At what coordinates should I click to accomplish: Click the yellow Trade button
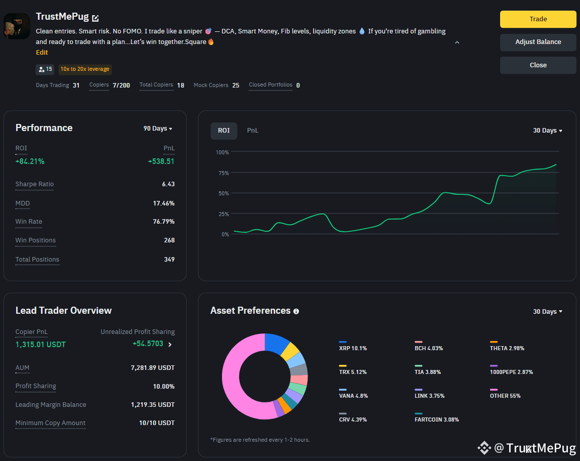coord(538,19)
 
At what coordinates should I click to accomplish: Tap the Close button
coord(538,65)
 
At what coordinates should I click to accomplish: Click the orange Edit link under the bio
coord(42,53)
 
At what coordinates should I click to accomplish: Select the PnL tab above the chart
coord(253,131)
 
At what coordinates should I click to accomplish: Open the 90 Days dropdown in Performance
coord(158,129)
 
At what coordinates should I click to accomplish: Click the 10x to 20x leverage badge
coord(85,69)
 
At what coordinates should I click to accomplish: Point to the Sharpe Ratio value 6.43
coord(168,184)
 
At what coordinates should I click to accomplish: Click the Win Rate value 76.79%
coord(164,222)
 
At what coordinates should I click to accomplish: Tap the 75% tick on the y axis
coord(224,173)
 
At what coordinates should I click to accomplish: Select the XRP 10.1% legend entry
coord(353,346)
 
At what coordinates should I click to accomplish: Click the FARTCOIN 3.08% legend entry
coord(437,417)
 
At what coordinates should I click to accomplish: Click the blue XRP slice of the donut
coord(276,343)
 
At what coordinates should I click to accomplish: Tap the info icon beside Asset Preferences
coord(296,311)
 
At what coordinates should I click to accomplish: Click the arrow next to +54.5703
coord(170,345)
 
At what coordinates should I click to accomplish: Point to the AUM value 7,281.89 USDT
coord(153,368)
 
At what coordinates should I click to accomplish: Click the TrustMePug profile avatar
coord(17,26)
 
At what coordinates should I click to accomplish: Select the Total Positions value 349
coord(169,260)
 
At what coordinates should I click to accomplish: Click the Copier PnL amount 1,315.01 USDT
coord(40,345)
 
